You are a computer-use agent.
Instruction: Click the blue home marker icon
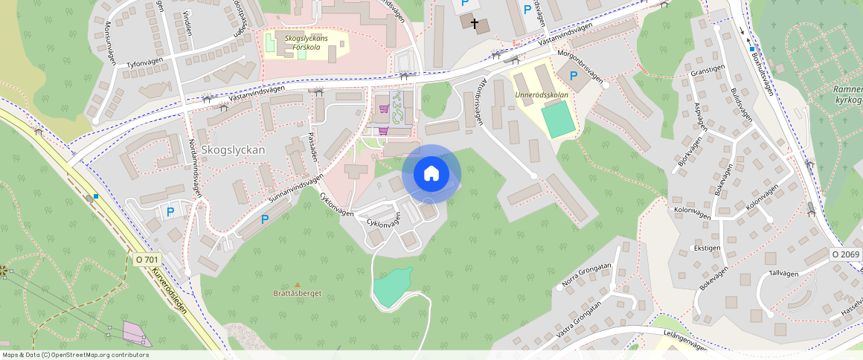point(431,174)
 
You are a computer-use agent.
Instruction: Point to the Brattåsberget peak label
point(297,293)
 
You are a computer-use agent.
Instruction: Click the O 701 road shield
point(147,260)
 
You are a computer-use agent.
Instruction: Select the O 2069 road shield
point(845,254)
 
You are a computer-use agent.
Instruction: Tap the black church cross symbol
point(474,23)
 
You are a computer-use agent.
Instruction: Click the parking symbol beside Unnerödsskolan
point(574,76)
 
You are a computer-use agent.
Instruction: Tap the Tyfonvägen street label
point(144,65)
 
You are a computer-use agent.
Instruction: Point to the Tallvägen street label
point(783,273)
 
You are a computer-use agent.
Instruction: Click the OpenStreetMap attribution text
point(74,355)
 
